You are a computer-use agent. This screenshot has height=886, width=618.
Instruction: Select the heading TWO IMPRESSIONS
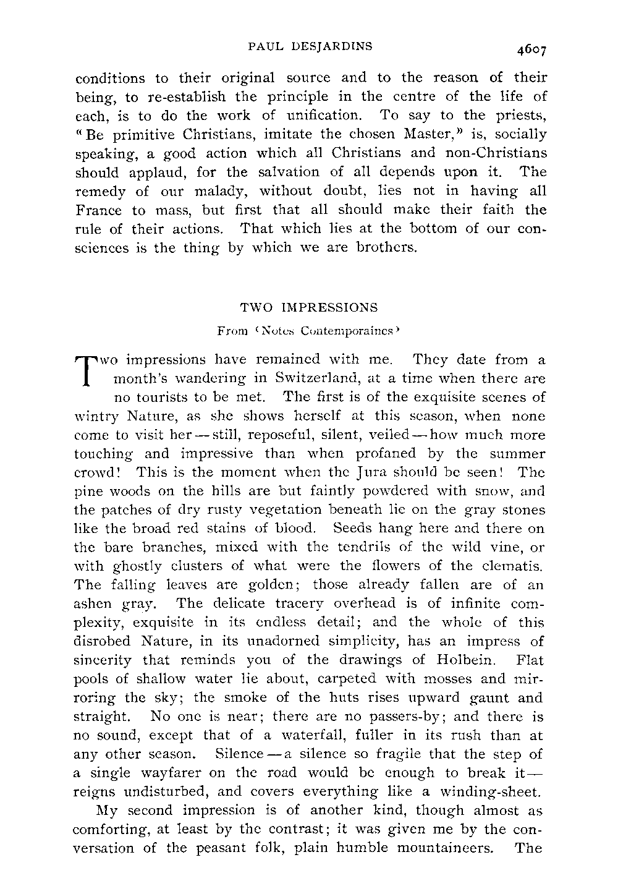(x=308, y=307)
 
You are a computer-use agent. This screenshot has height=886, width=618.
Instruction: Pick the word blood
(x=297, y=529)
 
